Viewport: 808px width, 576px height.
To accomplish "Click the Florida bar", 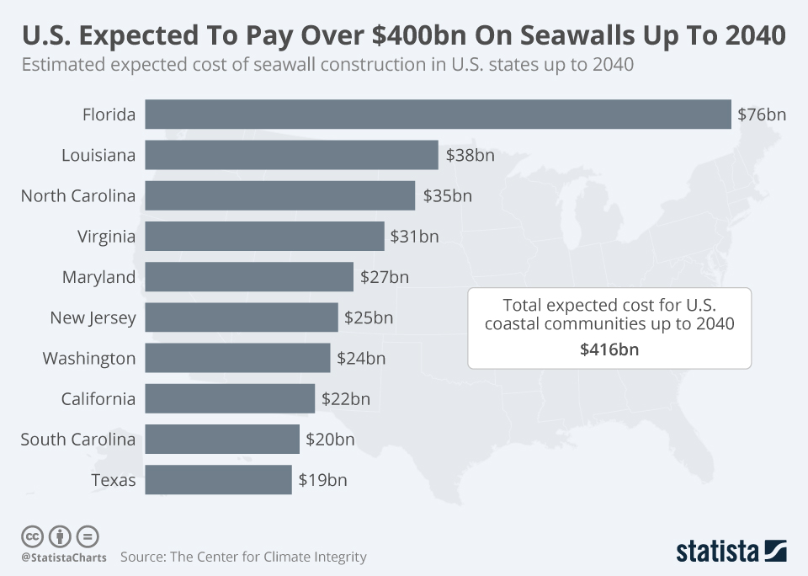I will tap(438, 115).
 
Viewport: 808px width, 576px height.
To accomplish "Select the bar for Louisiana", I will tap(291, 155).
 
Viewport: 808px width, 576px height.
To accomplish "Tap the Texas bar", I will tap(218, 480).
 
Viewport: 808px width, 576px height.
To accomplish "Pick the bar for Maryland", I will tap(249, 276).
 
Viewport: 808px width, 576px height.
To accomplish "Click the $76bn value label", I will tap(762, 115).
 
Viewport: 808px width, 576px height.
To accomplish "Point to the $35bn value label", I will tap(447, 196).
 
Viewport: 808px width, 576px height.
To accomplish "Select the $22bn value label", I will tap(345, 399).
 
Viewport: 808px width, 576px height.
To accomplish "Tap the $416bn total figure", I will tap(609, 349).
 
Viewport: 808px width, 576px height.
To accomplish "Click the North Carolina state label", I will tap(78, 196).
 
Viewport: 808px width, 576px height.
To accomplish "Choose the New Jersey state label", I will tap(93, 317).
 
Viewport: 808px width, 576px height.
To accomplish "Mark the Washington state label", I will tap(89, 358).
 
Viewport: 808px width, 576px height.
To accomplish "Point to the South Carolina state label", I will tap(78, 440).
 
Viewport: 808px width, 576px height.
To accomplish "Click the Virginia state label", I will tap(106, 237).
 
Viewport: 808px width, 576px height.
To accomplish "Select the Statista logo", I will tap(731, 552).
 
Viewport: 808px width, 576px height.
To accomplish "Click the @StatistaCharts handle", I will tap(64, 557).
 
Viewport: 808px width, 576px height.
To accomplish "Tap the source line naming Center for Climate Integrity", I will tap(243, 557).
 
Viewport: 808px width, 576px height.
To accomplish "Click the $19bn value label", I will tap(322, 480).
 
